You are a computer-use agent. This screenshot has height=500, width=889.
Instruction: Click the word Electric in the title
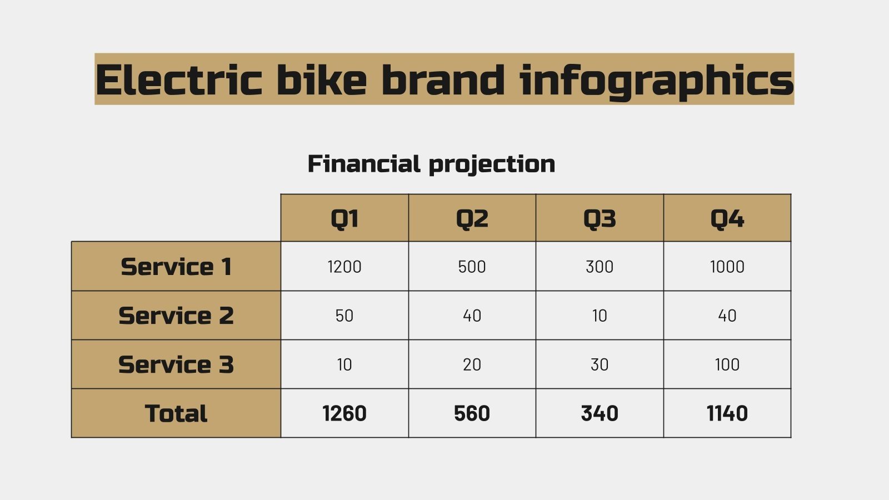pyautogui.click(x=178, y=80)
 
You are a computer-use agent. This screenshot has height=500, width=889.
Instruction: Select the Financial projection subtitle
pyautogui.click(x=431, y=164)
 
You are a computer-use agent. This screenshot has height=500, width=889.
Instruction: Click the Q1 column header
pyautogui.click(x=344, y=218)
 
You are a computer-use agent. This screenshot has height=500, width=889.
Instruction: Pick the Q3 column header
pyautogui.click(x=600, y=218)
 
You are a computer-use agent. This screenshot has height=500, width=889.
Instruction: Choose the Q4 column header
pyautogui.click(x=727, y=218)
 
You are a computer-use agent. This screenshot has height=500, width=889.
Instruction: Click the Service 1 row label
pyautogui.click(x=176, y=267)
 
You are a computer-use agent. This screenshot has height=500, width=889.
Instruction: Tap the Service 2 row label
pyautogui.click(x=176, y=316)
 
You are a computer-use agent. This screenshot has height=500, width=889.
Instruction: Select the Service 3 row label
pyautogui.click(x=176, y=364)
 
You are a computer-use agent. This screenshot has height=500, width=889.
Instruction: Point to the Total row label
pyautogui.click(x=176, y=413)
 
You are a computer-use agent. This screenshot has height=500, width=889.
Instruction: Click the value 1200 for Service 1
pyautogui.click(x=344, y=267)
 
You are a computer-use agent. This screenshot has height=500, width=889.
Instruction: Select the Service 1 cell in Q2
pyautogui.click(x=472, y=267)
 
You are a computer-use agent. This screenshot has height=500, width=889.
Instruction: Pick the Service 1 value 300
pyautogui.click(x=600, y=267)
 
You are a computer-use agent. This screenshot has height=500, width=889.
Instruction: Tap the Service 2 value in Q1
pyautogui.click(x=344, y=316)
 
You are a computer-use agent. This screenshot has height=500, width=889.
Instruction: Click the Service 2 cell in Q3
pyautogui.click(x=600, y=316)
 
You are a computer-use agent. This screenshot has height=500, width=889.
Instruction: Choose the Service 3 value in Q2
pyautogui.click(x=472, y=364)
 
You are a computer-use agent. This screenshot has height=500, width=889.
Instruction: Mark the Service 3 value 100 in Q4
pyautogui.click(x=727, y=364)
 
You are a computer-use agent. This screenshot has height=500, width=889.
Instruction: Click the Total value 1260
pyautogui.click(x=344, y=413)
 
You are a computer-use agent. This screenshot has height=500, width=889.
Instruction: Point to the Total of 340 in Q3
pyautogui.click(x=600, y=413)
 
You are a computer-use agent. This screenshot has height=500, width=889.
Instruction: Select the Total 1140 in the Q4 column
pyautogui.click(x=727, y=413)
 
